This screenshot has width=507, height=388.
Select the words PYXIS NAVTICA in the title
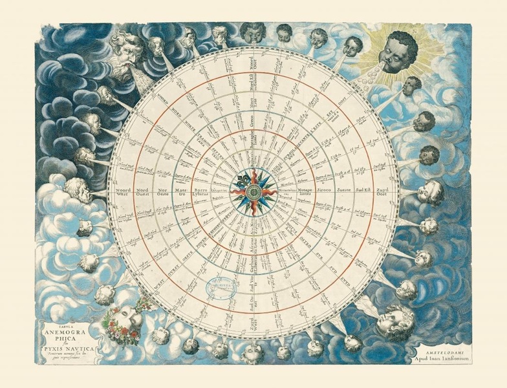point(66,349)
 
